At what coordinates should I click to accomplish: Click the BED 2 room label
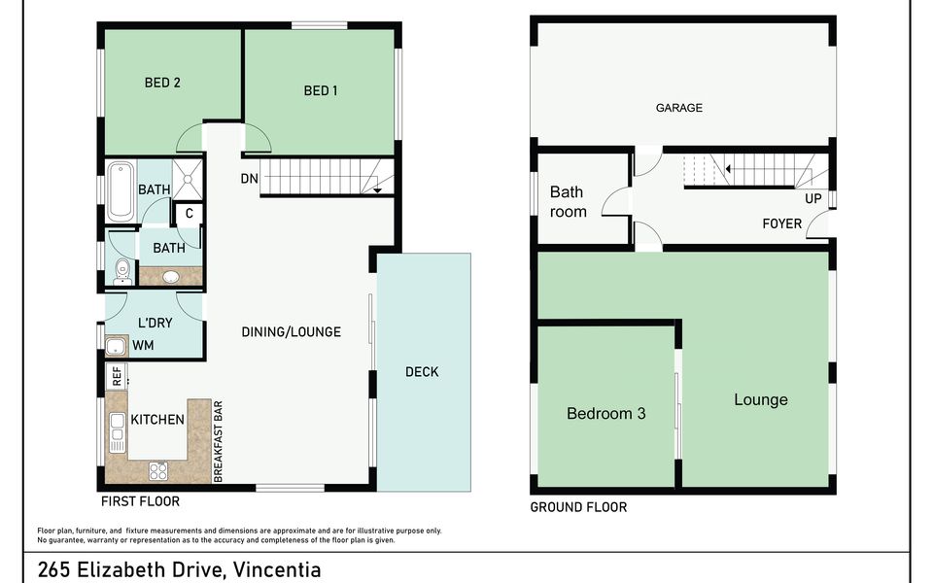pos(162,83)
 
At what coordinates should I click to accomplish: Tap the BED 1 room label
pos(321,90)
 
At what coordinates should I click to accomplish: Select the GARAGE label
pos(678,108)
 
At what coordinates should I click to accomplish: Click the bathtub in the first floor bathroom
pos(121,190)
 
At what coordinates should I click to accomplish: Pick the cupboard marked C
pos(189,214)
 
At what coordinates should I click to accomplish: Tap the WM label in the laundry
pos(143,345)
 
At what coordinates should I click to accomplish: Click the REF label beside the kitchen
pos(117,375)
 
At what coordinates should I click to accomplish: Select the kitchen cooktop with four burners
pos(158,471)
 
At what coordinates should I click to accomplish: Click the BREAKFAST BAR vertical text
pos(220,441)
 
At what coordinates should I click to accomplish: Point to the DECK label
pos(422,372)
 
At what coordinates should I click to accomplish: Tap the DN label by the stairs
pos(249,179)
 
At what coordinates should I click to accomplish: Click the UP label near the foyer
pos(812,198)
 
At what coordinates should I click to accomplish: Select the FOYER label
pos(781,223)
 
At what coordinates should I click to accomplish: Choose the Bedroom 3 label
pos(605,414)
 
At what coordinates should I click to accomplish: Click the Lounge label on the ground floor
pos(760,400)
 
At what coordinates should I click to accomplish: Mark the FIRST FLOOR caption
pos(140,502)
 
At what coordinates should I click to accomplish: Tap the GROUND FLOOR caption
pos(577,507)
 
